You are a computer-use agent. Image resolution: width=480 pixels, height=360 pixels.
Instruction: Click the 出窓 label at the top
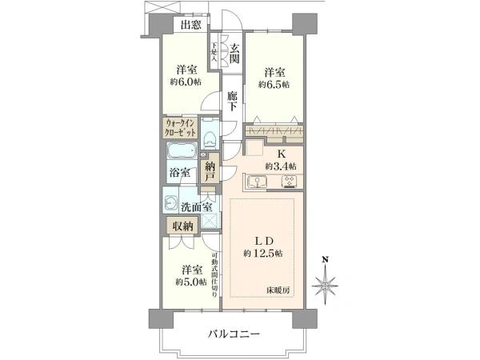point(190,25)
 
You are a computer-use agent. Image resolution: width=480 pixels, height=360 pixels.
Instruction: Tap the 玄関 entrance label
point(235,54)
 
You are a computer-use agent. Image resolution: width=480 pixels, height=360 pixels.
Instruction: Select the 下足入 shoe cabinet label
point(215,54)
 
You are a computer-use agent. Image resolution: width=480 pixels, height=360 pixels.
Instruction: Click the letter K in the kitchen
point(282,154)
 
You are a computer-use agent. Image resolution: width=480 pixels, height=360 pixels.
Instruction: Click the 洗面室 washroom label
point(196,207)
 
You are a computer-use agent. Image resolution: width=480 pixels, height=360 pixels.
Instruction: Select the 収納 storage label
point(181,226)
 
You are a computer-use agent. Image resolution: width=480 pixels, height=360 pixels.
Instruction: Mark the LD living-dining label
point(266,242)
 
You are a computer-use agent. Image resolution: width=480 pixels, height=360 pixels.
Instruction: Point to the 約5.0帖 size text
point(192,282)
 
